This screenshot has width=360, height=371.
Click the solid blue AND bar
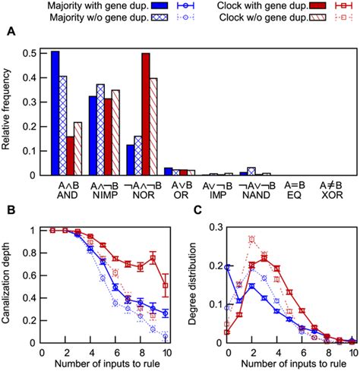pyautogui.click(x=55, y=114)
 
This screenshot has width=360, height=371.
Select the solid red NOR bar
pyautogui.click(x=145, y=115)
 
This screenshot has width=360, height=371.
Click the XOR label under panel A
pyautogui.click(x=329, y=194)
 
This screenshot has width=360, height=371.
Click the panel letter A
pyautogui.click(x=10, y=31)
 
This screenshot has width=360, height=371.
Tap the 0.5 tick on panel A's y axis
pyautogui.click(x=31, y=54)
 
